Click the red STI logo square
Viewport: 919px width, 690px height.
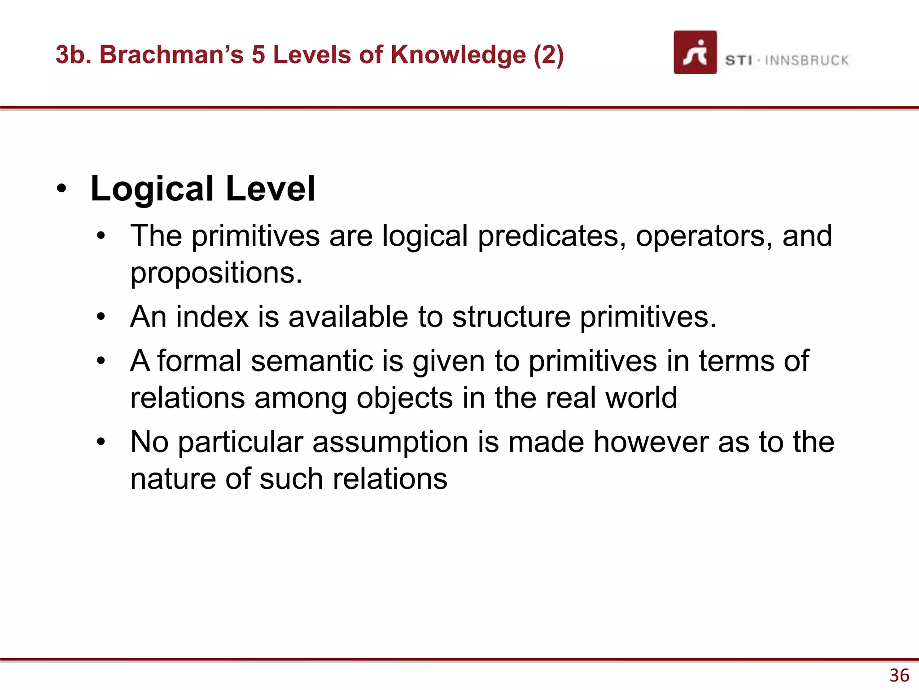(x=695, y=52)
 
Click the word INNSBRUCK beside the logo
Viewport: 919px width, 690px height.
(x=806, y=60)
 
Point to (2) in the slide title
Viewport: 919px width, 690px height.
(x=548, y=55)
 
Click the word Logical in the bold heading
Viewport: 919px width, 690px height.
(x=152, y=189)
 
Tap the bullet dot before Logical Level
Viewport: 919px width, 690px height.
(x=61, y=189)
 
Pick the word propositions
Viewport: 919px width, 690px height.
(x=215, y=273)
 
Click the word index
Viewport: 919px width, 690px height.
(x=212, y=317)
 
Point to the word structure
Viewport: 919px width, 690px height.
(x=511, y=317)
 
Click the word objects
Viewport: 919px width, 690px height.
(x=404, y=398)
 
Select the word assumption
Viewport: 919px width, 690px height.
(x=390, y=442)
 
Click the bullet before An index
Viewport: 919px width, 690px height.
(x=101, y=317)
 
